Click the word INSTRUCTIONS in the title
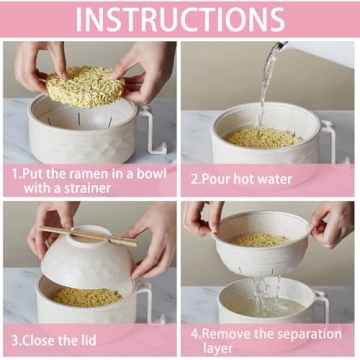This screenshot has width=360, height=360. [x=180, y=19]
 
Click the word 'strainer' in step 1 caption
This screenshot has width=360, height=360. [x=118, y=187]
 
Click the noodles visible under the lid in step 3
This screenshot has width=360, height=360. [x=88, y=296]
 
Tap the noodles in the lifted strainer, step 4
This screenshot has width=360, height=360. [x=262, y=240]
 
